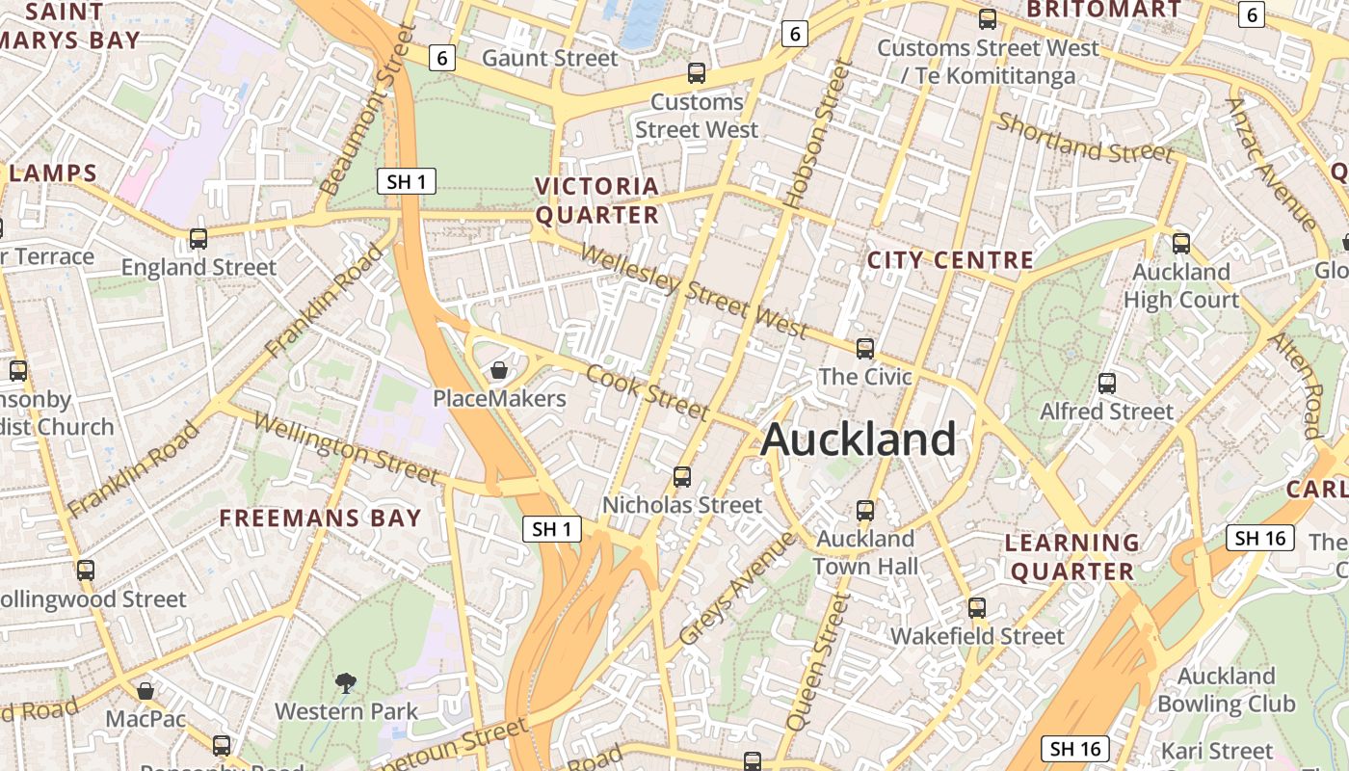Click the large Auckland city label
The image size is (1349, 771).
pos(858,439)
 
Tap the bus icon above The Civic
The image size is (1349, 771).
pos(865,349)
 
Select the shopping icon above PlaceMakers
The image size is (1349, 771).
pos(499,370)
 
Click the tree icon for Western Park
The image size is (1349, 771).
pos(346,683)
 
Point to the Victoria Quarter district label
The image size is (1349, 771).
pos(597,200)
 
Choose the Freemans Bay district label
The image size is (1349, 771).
pos(320,518)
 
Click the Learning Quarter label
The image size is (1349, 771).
pos(1071,556)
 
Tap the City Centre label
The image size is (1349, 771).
pos(950,260)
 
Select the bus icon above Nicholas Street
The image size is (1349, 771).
pos(682,476)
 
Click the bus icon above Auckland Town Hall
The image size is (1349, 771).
pos(865,510)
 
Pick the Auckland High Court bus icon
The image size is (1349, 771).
pos(1181,244)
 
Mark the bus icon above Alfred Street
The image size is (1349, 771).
pos(1107,384)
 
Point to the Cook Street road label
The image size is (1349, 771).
pos(648,391)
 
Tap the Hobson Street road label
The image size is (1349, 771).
pos(819,135)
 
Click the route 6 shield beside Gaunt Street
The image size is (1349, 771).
pos(442,58)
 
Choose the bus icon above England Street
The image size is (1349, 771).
pos(198,239)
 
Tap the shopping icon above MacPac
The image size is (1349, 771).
pos(145,691)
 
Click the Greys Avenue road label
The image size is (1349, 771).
pos(737,589)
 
